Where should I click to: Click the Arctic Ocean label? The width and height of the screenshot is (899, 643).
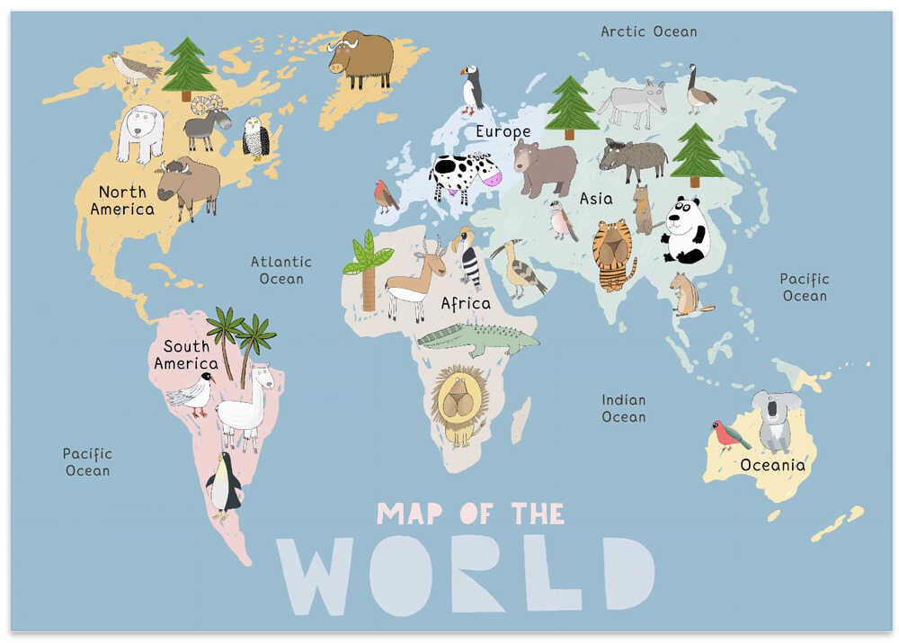click(x=648, y=31)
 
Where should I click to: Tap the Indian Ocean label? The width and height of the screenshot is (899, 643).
click(x=624, y=408)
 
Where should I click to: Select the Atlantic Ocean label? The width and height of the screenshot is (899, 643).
click(x=281, y=270)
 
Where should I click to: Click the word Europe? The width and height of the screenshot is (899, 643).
click(x=503, y=132)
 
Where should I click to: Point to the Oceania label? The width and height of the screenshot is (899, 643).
click(x=772, y=465)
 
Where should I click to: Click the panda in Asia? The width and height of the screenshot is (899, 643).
click(x=686, y=231)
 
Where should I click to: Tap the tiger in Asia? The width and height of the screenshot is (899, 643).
click(x=613, y=254)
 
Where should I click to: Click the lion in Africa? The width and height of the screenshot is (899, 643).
click(x=459, y=404)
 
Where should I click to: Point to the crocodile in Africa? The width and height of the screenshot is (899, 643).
click(x=476, y=338)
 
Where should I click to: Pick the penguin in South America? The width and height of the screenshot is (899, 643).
click(x=223, y=487)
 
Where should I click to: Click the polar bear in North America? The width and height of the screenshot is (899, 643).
click(x=140, y=132)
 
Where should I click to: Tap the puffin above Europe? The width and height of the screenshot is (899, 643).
click(x=472, y=90)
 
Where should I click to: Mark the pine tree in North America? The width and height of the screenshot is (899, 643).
click(x=187, y=67)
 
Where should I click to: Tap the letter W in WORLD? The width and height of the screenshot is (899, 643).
click(x=315, y=576)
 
